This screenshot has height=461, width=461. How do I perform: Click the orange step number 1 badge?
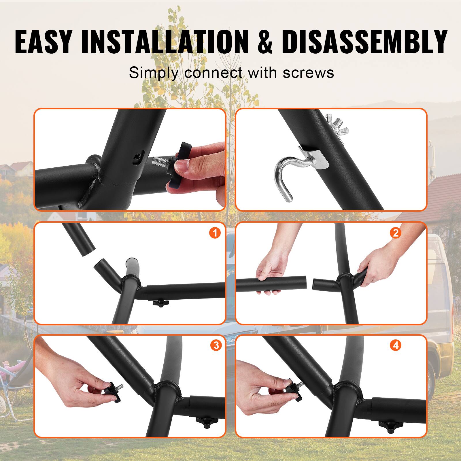coord(215,233)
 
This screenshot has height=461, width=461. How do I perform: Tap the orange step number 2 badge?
coord(395,233)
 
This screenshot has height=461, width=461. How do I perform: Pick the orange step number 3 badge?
coord(216,345)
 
